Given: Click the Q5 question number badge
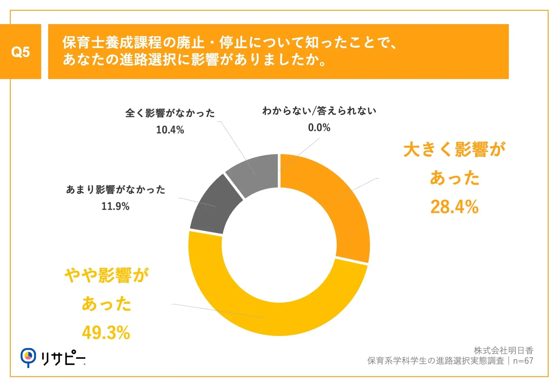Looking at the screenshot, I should point(20,52).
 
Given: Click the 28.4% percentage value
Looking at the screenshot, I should point(454,207).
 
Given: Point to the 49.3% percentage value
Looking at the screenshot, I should point(106,333).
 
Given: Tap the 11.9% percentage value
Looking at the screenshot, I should point(115,206).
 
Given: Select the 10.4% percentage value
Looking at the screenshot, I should point(170,130).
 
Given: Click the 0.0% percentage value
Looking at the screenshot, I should point(319,128).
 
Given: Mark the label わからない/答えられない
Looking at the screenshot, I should point(319,111).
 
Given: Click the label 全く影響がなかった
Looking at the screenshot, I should point(170,113).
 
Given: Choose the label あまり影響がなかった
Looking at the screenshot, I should point(116,190).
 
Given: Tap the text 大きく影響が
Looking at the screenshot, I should point(454,150).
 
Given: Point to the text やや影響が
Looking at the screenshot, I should point(106,275).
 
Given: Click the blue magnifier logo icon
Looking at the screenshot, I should point(28,357).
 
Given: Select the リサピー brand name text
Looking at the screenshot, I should point(63,358).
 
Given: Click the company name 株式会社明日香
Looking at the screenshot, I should point(504,351).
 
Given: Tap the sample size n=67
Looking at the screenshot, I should point(523,361).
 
